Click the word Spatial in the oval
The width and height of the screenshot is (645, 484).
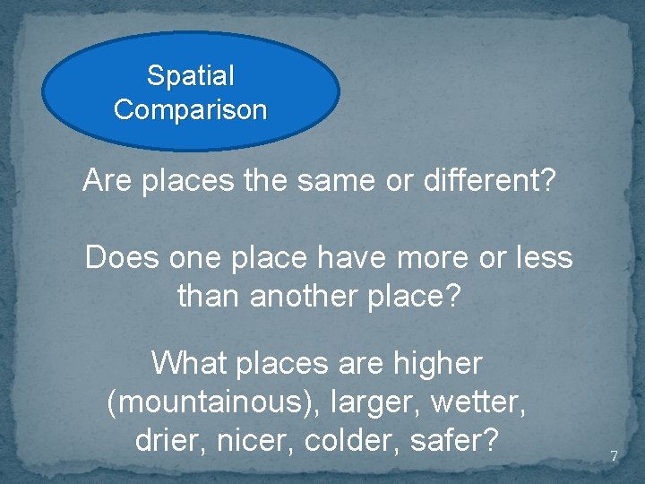[x=190, y=76]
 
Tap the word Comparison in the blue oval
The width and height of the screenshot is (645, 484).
[x=190, y=110]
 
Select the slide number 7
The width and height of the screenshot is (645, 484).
[x=614, y=456]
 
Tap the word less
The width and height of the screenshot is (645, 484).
[x=539, y=258]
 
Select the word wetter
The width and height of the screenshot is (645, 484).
[x=478, y=402]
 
